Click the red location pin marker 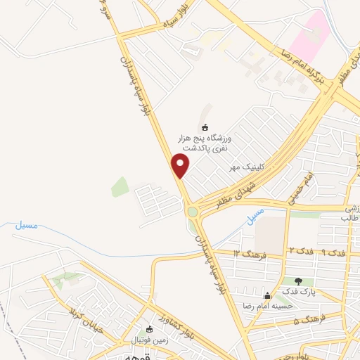pos(181,165)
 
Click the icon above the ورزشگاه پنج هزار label pos(205,127)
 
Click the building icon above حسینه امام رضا pos(266,295)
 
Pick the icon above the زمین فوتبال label pos(148,328)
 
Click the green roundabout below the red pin pos(192,211)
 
